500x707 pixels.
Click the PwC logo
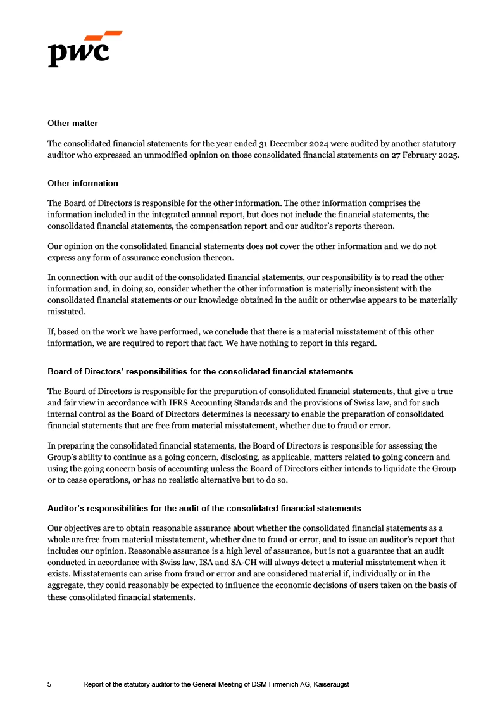pyautogui.click(x=84, y=49)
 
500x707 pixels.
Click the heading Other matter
pyautogui.click(x=73, y=123)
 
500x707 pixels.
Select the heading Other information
pyautogui.click(x=83, y=183)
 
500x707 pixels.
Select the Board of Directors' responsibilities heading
pyautogui.click(x=200, y=371)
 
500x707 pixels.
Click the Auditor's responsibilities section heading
pyautogui.click(x=204, y=508)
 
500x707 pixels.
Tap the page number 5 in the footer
pyautogui.click(x=50, y=685)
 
